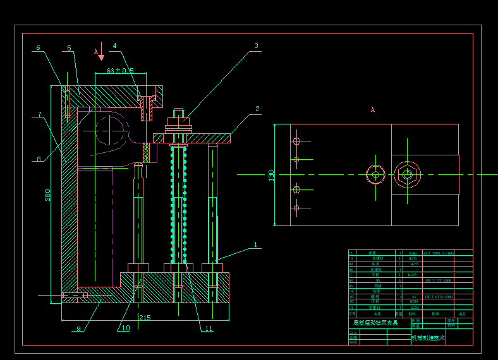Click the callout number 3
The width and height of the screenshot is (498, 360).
point(257,45)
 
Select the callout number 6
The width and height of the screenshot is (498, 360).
point(38,47)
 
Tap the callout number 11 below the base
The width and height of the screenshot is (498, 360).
point(209,328)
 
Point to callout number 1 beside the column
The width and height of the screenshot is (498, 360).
point(256,244)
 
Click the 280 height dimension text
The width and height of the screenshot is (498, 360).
point(48,196)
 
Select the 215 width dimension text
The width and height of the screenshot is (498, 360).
point(145,318)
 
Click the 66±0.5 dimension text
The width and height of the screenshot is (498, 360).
point(120,71)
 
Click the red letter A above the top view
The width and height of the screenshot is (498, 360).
point(373,110)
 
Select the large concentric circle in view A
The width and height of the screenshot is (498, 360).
point(407,174)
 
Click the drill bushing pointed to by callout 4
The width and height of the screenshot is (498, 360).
point(147,107)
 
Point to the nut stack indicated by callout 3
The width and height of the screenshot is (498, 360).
point(179,121)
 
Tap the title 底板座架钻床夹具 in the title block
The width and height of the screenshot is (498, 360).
point(375,323)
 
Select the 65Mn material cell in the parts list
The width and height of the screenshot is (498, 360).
point(413,253)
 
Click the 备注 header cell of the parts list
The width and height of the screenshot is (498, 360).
point(462,313)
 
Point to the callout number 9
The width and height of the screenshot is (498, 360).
point(78,328)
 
